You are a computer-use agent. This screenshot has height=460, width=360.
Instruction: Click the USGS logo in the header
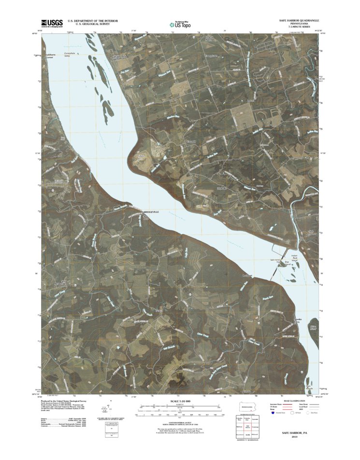tap(51, 23)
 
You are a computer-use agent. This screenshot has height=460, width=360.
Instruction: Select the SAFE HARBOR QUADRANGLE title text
tap(299, 20)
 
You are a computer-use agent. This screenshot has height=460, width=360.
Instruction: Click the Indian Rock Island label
tap(296, 259)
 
